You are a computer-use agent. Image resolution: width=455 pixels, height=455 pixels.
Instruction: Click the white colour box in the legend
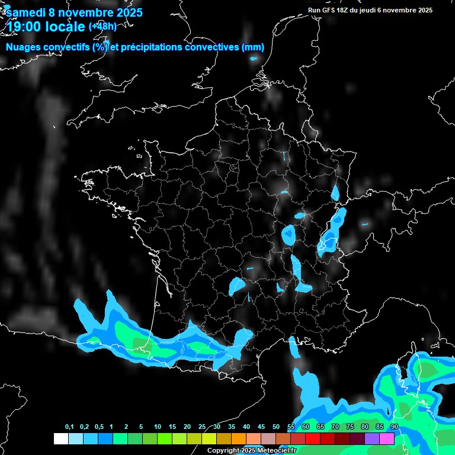click(60, 438)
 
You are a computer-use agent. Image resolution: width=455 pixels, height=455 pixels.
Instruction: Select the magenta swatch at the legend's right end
click(387, 438)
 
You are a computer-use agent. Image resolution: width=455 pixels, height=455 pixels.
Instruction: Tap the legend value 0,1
click(69, 427)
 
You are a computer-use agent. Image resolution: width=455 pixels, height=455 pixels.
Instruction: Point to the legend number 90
click(394, 427)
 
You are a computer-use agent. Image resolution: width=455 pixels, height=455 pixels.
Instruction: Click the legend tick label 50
click(276, 427)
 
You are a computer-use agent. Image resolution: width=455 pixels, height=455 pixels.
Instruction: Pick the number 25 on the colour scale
click(202, 427)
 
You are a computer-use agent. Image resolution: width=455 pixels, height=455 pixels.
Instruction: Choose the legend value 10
click(157, 427)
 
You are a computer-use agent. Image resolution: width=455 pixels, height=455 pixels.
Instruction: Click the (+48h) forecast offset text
click(103, 27)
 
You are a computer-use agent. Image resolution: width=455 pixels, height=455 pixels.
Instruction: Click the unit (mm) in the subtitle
click(253, 47)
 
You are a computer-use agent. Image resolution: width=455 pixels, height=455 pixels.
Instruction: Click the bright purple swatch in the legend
click(372, 438)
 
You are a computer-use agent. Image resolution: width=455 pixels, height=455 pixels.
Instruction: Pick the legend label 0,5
click(98, 427)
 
